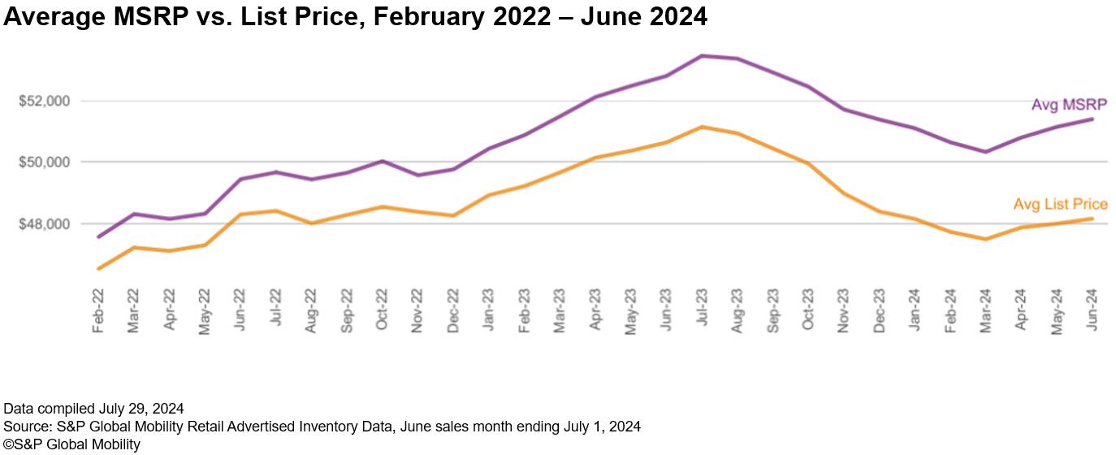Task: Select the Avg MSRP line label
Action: point(1068,105)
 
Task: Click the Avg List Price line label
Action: point(1060,205)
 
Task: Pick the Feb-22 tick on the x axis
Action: point(99,308)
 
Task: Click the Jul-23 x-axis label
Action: point(701,308)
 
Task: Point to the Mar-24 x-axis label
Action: point(984,308)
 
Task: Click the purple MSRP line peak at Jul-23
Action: point(702,56)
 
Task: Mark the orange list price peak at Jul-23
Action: point(702,127)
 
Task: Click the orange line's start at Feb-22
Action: point(99,268)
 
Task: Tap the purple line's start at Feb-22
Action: point(99,236)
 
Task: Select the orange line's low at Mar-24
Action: point(985,239)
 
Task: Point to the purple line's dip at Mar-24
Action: point(985,152)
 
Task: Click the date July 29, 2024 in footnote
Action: point(137,408)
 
